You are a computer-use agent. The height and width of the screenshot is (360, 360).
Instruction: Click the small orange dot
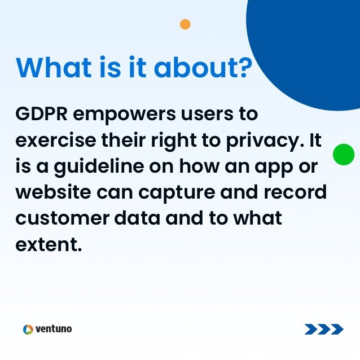coord(185,24)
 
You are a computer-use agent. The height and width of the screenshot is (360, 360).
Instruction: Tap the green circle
coord(344,155)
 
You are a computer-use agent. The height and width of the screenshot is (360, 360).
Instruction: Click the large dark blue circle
coord(316,45)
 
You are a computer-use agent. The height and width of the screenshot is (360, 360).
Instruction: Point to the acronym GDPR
coord(41,115)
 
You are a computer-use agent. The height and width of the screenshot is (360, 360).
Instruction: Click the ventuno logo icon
coord(28,329)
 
